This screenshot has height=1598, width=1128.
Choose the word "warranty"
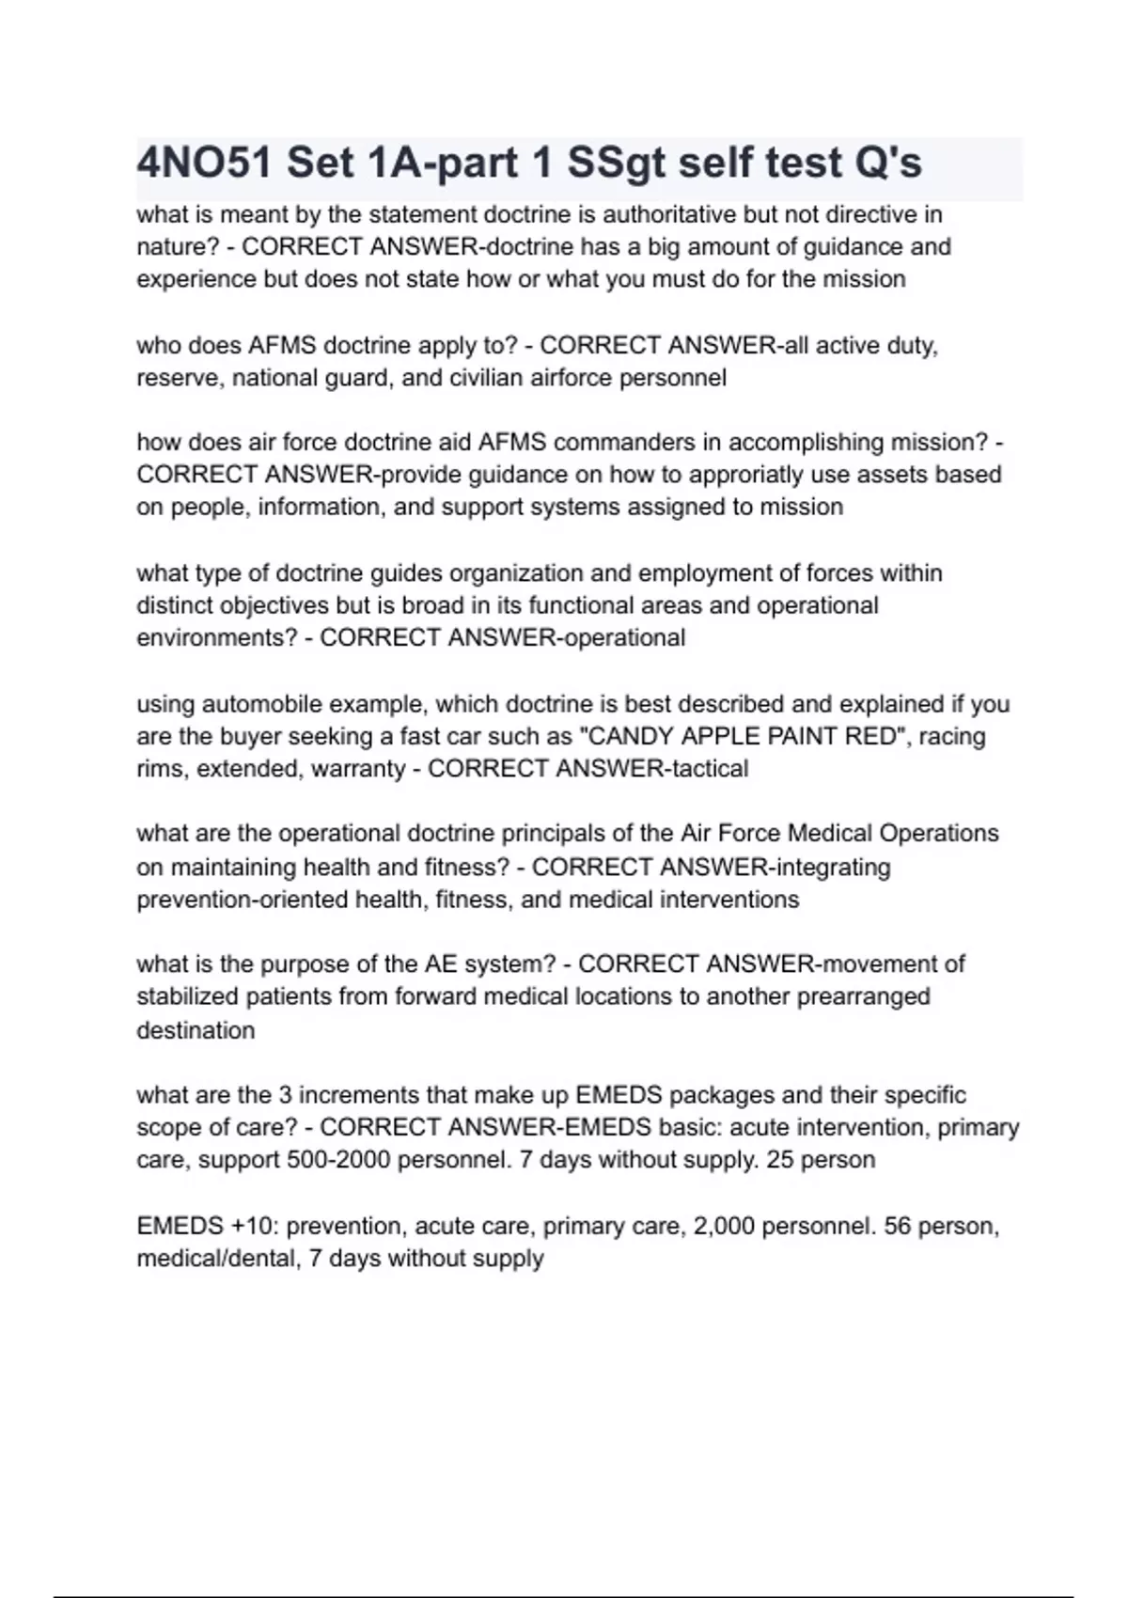coord(357,769)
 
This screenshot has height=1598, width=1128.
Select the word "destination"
coord(196,1030)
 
